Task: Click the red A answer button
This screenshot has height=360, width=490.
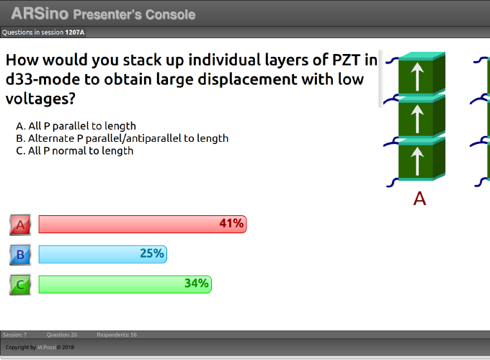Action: pyautogui.click(x=20, y=225)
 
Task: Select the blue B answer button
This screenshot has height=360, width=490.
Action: pyautogui.click(x=20, y=254)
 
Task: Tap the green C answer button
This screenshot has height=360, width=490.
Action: pyautogui.click(x=20, y=284)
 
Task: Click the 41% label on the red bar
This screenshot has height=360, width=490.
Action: pyautogui.click(x=231, y=223)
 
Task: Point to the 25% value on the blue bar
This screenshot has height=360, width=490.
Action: pyautogui.click(x=152, y=253)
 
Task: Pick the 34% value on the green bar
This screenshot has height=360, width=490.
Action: pyautogui.click(x=196, y=283)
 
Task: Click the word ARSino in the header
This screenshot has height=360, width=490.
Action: pyautogui.click(x=40, y=14)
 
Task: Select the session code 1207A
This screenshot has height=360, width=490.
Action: pyautogui.click(x=75, y=32)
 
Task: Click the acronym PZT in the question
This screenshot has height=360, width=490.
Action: pyautogui.click(x=347, y=60)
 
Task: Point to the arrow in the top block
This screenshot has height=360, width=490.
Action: pyautogui.click(x=417, y=76)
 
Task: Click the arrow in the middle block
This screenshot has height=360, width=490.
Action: pyautogui.click(x=417, y=119)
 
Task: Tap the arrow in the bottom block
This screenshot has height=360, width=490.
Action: pyautogui.click(x=417, y=161)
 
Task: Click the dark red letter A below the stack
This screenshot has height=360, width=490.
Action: pyautogui.click(x=419, y=198)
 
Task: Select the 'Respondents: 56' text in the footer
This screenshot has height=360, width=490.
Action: pyautogui.click(x=117, y=335)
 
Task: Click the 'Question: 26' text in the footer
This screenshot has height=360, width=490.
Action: pyautogui.click(x=62, y=335)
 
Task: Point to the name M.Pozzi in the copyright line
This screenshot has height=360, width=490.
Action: pyautogui.click(x=47, y=347)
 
